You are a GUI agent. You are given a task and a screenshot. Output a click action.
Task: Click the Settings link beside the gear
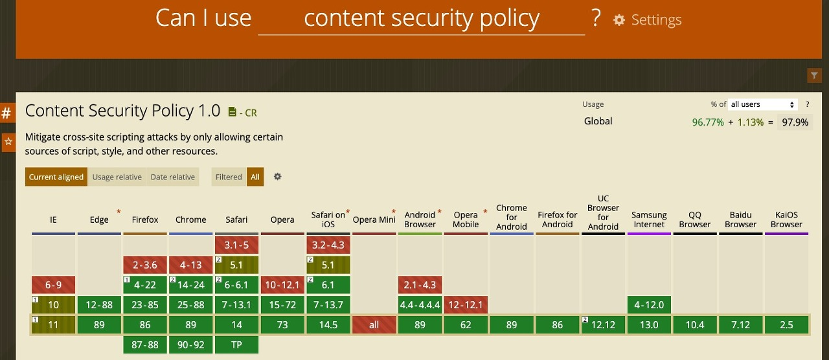(655, 20)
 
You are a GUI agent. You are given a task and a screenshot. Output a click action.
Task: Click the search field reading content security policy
(421, 19)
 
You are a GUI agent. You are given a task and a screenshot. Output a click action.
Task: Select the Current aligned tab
(56, 177)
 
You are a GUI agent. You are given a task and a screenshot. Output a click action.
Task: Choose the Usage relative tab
(117, 177)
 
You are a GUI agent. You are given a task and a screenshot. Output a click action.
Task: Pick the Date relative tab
(172, 177)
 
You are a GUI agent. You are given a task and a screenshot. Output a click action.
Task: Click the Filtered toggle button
(229, 177)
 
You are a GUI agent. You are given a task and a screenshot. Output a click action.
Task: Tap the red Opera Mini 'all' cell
(374, 325)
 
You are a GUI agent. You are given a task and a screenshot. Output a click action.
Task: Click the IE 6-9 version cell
(53, 285)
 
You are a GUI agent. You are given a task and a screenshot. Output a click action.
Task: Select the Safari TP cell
(236, 344)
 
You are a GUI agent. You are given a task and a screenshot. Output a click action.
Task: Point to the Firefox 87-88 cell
(145, 344)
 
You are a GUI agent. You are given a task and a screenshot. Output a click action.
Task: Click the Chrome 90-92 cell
(190, 344)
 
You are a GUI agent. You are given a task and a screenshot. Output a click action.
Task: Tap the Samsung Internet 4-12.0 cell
(649, 304)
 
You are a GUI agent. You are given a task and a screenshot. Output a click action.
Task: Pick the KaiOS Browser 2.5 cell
(786, 325)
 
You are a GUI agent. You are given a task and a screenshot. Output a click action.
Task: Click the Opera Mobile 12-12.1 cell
(466, 304)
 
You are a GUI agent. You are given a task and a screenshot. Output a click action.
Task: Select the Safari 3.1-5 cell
(236, 245)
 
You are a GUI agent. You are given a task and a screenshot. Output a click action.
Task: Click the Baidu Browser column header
(741, 219)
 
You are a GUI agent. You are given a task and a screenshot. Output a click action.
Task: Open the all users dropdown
(763, 104)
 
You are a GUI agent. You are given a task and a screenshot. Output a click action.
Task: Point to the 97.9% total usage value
(794, 122)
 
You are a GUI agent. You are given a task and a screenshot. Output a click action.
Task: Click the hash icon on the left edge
(7, 113)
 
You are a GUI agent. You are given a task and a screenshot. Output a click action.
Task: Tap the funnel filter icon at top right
(814, 76)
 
